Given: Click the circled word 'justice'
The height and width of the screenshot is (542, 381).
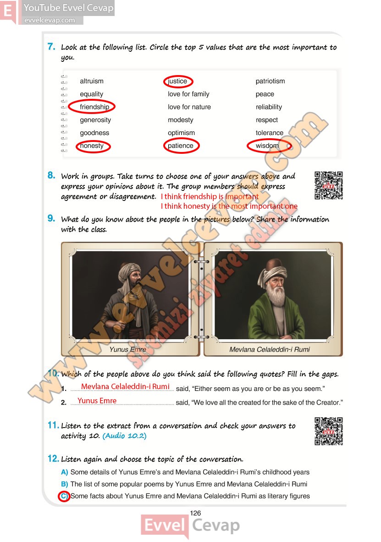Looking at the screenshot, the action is click(177, 81).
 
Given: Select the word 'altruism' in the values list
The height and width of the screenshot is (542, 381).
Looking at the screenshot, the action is click(92, 81).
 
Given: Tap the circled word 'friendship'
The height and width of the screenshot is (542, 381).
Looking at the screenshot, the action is click(94, 107).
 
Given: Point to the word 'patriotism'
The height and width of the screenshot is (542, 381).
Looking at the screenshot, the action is click(270, 81).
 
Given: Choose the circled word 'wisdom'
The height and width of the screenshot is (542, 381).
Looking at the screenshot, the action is click(267, 146).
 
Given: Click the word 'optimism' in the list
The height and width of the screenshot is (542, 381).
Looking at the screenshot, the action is click(181, 133).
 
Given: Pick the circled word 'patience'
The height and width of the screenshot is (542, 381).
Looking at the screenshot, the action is click(181, 146).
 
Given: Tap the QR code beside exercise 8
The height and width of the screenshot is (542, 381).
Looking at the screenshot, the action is click(328, 185).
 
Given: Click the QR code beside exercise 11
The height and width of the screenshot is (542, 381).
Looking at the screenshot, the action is click(328, 431).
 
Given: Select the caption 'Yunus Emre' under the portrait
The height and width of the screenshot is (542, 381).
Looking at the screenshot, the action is click(128, 349).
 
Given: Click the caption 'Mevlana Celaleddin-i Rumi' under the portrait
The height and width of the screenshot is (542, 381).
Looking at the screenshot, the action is click(270, 349).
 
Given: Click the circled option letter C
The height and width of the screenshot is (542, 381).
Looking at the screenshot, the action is click(64, 496).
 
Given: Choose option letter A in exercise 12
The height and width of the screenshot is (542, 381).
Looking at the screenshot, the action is click(64, 472).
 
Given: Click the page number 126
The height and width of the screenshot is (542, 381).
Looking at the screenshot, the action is click(195, 513).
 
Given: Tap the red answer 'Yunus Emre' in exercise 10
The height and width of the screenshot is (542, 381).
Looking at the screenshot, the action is click(97, 401).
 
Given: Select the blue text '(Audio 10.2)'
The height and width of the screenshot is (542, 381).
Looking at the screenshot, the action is click(125, 436).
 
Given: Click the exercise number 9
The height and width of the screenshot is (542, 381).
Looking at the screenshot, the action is click(51, 218).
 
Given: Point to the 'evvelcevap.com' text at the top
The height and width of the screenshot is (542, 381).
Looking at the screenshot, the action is click(50, 21).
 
